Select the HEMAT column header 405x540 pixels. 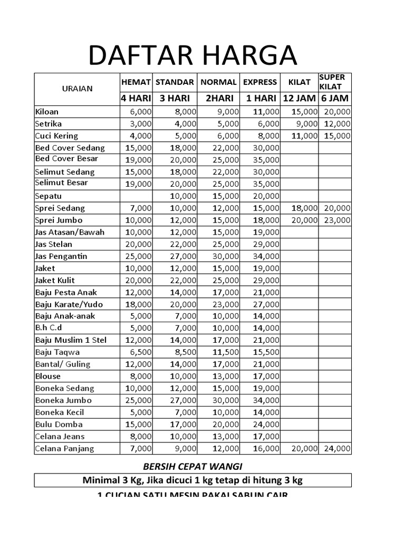click(x=136, y=82)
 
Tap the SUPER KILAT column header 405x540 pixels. click(x=332, y=82)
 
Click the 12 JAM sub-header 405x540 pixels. click(x=299, y=98)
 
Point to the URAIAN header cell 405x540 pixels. click(x=78, y=89)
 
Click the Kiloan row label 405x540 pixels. click(x=47, y=112)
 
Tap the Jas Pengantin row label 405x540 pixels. click(x=61, y=256)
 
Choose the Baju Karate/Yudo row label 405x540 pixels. click(x=69, y=304)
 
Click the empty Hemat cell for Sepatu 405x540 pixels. click(x=136, y=196)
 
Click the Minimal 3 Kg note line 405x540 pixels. click(x=192, y=480)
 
